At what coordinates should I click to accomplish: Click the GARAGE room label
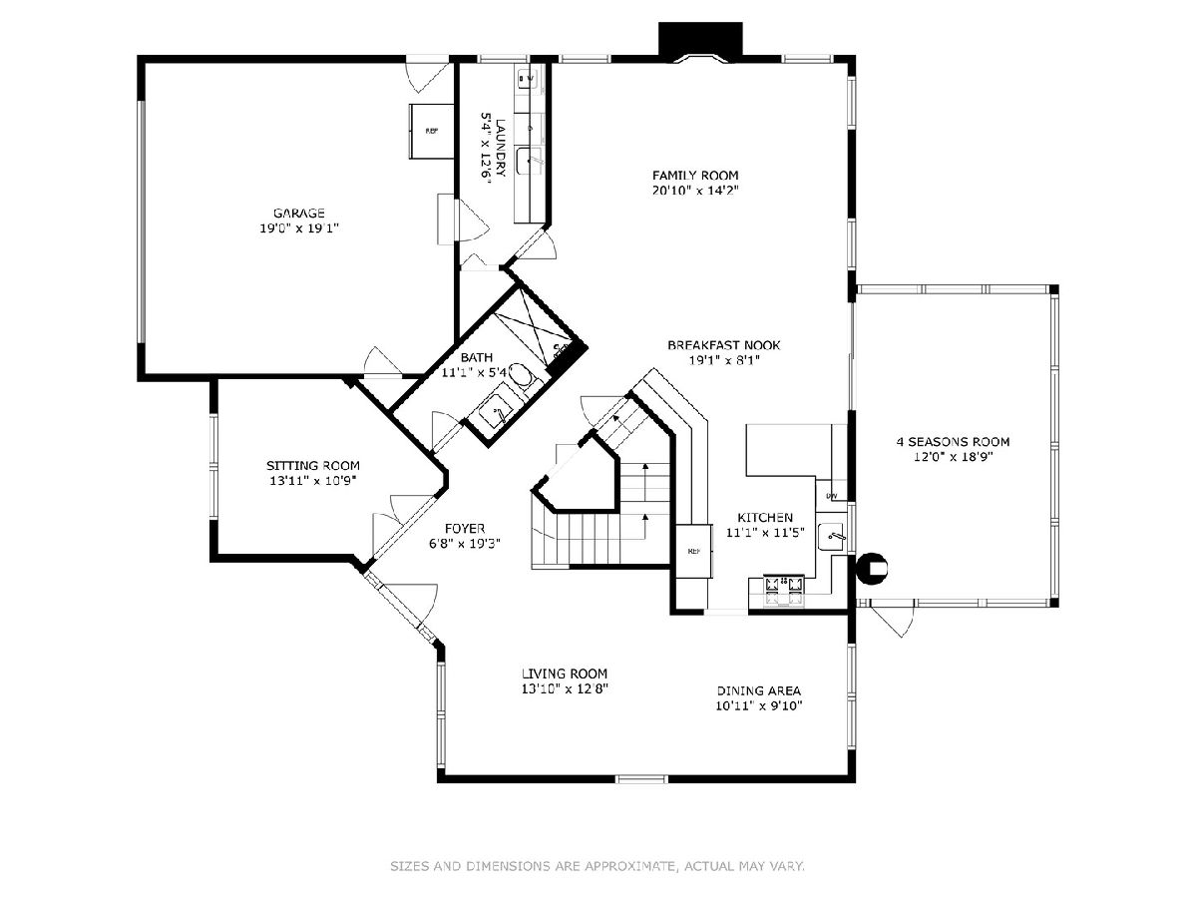(x=299, y=213)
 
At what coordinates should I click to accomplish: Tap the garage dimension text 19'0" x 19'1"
(x=299, y=227)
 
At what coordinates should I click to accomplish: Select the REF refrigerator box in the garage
(x=432, y=131)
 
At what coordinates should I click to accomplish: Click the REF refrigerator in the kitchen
(x=694, y=551)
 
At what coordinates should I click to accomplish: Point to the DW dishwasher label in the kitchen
(x=832, y=496)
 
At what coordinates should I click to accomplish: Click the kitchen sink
(x=833, y=537)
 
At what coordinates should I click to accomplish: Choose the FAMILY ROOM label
(x=695, y=175)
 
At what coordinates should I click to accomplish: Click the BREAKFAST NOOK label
(x=723, y=345)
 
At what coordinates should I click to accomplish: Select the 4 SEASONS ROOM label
(x=953, y=442)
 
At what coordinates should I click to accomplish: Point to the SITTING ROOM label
(x=313, y=466)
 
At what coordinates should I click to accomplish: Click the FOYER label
(x=465, y=529)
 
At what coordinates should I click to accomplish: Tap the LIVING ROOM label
(x=565, y=673)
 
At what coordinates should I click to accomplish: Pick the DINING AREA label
(x=758, y=690)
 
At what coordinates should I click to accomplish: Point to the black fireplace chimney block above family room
(x=701, y=39)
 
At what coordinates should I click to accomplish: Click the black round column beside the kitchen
(x=872, y=568)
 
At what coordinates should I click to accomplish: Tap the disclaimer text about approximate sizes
(x=598, y=866)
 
